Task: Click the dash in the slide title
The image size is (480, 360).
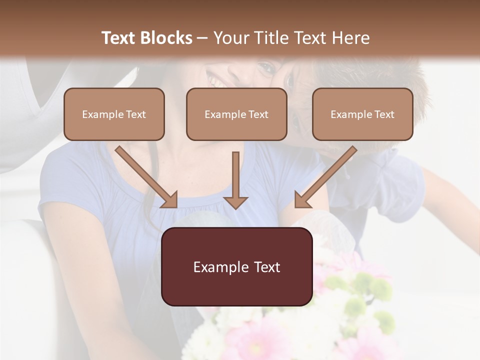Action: click(202, 38)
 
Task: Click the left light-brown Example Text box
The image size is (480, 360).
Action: click(114, 114)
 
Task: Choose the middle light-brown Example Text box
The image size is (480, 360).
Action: click(236, 114)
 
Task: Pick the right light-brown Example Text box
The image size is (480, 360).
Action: click(362, 114)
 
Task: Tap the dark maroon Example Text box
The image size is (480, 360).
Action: click(236, 266)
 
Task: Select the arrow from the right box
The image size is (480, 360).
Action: click(325, 177)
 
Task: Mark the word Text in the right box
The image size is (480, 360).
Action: click(384, 114)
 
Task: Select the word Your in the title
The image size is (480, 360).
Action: click(230, 38)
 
